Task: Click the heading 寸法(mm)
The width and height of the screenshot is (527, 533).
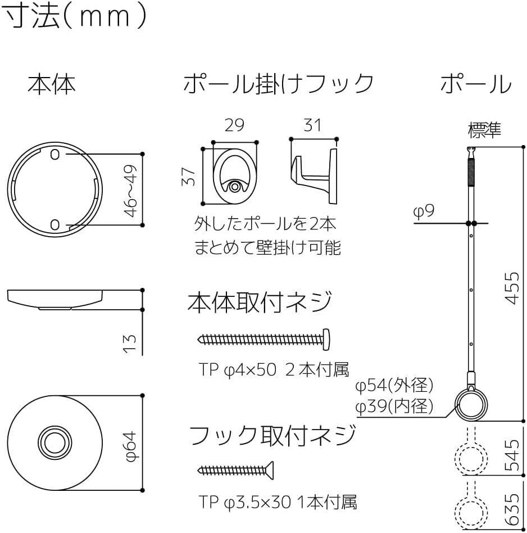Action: [x=76, y=17]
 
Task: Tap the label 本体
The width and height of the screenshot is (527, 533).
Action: [x=52, y=84]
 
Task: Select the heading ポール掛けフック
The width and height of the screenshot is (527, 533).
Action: [x=278, y=84]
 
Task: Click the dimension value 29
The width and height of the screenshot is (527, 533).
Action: [x=234, y=125]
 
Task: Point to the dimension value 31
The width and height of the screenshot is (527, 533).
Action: [x=312, y=124]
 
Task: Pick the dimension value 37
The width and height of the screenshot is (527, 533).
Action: [x=189, y=177]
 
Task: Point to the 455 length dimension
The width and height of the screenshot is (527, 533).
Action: [x=511, y=287]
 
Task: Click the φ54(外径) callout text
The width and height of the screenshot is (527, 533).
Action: [x=394, y=386]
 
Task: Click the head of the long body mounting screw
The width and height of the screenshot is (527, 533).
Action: [x=326, y=338]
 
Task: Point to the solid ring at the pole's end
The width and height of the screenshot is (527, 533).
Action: [x=471, y=403]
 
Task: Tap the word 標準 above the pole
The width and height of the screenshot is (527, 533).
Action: [x=484, y=130]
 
